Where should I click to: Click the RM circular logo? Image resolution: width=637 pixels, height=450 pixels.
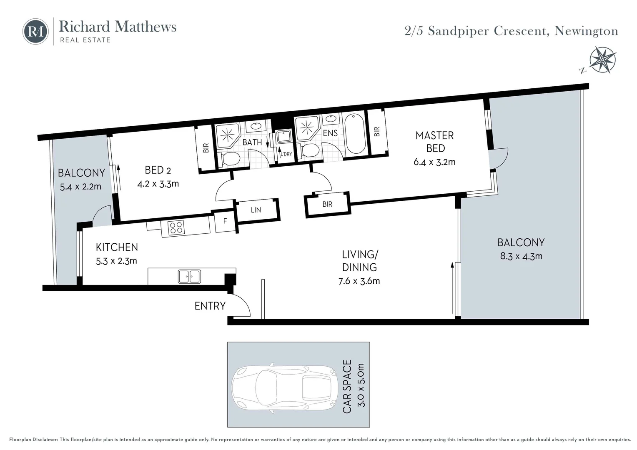35,32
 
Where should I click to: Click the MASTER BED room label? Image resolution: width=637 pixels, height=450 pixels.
435,142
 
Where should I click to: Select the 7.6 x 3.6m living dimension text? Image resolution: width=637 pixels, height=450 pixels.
359,281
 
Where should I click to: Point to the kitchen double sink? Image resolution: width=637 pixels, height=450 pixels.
189,276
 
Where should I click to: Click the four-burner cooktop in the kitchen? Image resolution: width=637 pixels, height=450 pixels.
176,227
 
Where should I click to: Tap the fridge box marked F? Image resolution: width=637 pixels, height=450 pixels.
225,221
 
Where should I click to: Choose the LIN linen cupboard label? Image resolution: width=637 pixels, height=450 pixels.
256,210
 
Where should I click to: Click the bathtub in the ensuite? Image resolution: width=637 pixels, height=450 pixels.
355,133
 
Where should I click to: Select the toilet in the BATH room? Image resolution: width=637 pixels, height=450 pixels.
229,158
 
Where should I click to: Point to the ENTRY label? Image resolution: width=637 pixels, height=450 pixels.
210,306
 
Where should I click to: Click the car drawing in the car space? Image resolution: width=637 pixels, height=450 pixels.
284,388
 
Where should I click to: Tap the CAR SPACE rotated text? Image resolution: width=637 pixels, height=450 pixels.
347,386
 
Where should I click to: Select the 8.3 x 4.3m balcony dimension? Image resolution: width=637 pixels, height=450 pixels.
521,256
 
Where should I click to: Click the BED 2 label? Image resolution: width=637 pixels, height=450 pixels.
158,170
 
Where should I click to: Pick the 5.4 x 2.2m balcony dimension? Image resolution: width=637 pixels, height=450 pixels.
80,187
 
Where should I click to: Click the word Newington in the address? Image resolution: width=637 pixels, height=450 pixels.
587,31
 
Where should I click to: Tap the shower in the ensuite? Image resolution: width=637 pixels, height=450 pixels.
307,127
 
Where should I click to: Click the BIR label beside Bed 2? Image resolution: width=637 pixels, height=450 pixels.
206,148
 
